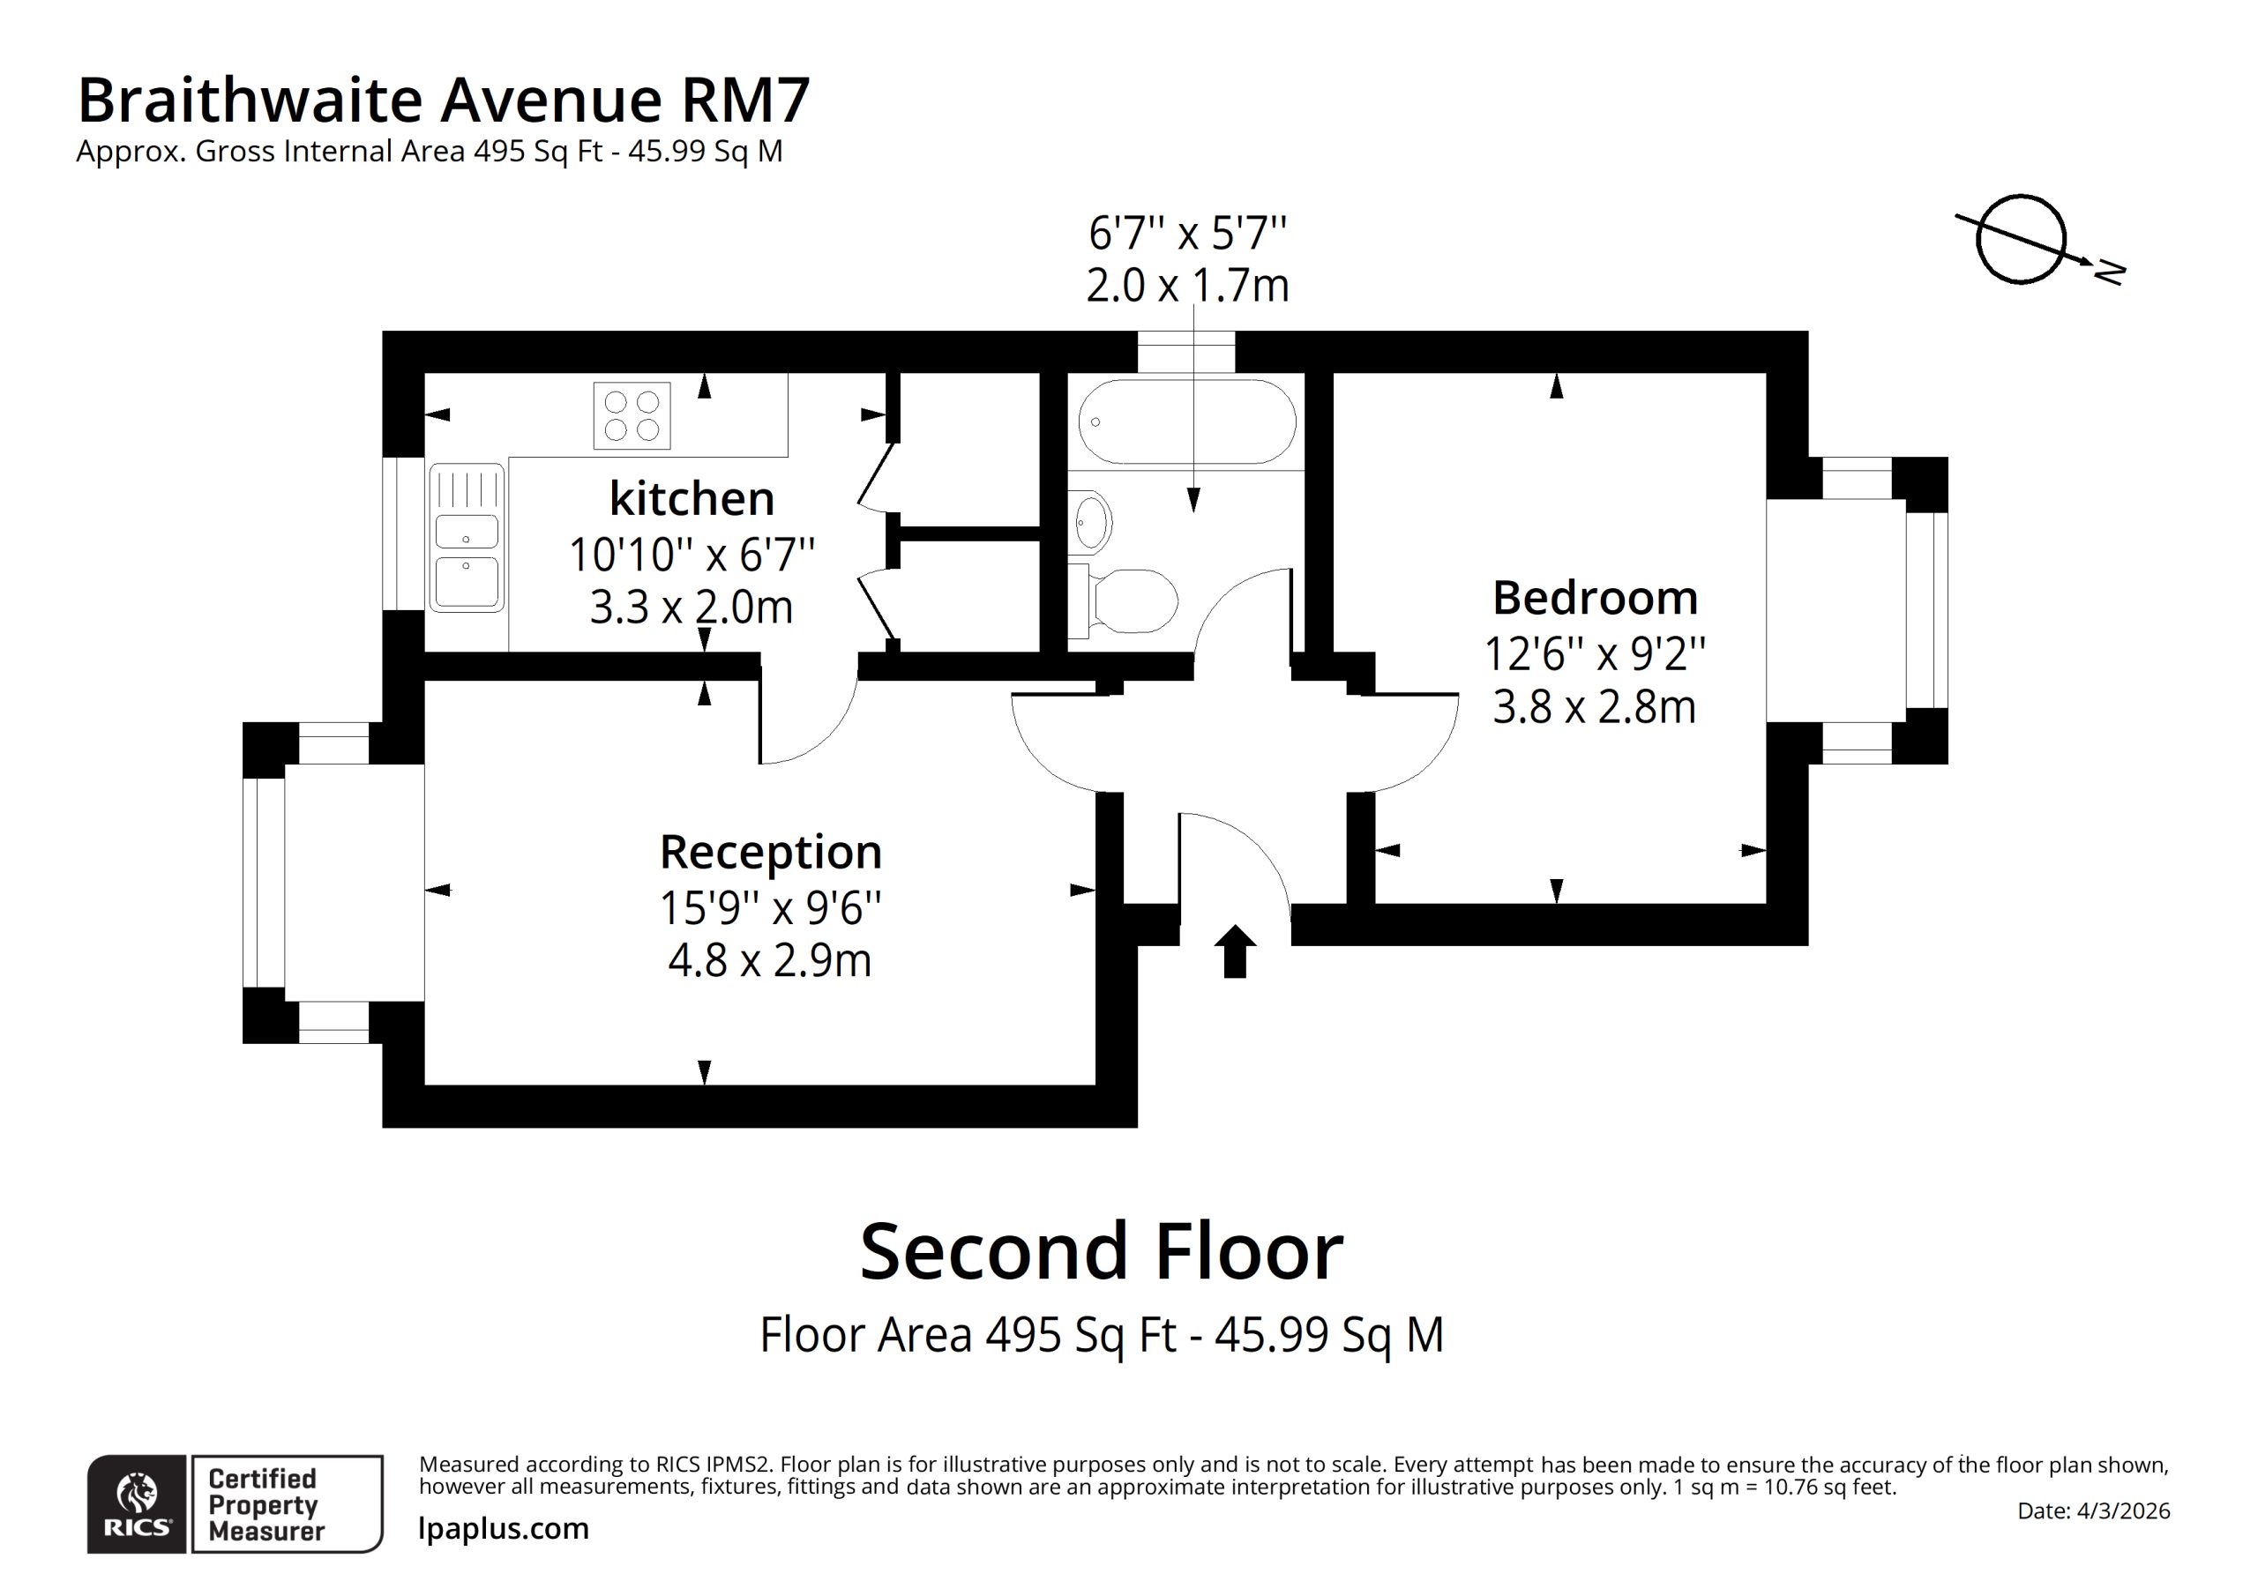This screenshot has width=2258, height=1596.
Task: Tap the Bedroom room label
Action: click(1596, 598)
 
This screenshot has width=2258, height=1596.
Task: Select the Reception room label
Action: click(770, 853)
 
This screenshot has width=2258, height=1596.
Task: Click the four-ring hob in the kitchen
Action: click(632, 416)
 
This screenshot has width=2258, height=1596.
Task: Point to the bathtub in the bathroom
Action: click(1187, 421)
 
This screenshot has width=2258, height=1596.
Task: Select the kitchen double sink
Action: click(467, 537)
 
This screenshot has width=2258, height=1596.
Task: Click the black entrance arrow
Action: click(1234, 951)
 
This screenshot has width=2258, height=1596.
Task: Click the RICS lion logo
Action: click(137, 1504)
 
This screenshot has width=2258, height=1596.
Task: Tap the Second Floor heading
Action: click(1102, 1252)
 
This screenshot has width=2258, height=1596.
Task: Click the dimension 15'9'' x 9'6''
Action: click(770, 907)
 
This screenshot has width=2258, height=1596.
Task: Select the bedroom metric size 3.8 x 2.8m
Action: click(1594, 707)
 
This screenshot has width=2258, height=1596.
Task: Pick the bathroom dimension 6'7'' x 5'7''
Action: click(1187, 233)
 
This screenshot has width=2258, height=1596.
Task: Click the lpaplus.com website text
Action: click(504, 1528)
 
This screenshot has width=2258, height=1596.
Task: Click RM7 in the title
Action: click(744, 100)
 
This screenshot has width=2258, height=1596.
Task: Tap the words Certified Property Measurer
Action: click(265, 1504)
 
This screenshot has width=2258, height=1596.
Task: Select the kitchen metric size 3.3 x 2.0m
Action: click(692, 608)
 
